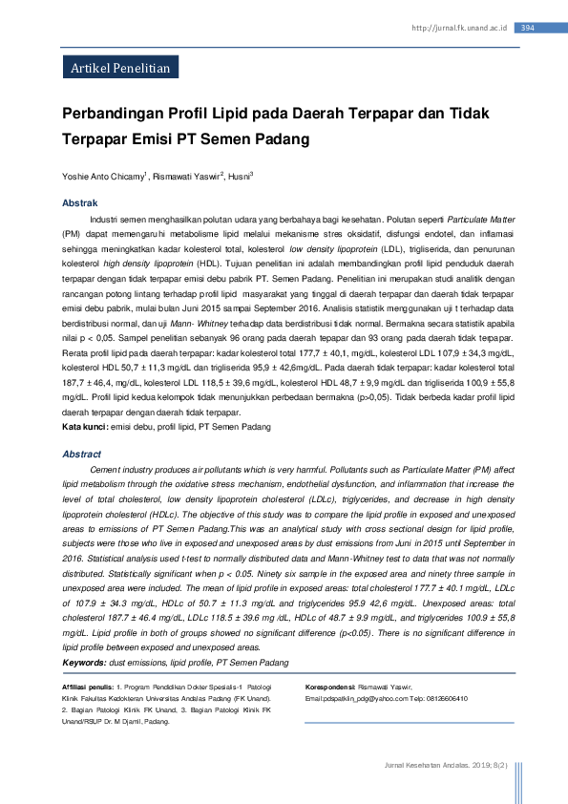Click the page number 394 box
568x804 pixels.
coord(528,28)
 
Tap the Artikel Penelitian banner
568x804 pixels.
coord(120,69)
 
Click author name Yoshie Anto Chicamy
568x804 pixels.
coord(104,177)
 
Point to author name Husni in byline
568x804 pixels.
coord(239,177)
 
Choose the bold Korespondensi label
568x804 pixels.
coord(330,688)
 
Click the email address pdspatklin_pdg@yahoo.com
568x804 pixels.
coord(361,699)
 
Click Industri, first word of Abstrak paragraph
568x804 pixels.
coord(105,219)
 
